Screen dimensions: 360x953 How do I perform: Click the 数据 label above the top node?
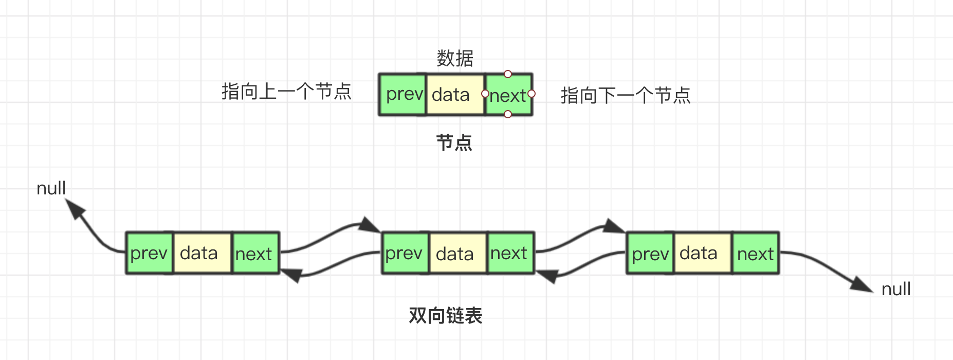(454, 58)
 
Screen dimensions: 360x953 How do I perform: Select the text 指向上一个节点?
(286, 92)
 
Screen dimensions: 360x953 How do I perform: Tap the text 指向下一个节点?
(625, 95)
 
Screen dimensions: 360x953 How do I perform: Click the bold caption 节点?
(454, 142)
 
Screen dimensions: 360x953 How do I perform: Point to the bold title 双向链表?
(445, 315)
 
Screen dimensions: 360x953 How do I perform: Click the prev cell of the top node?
(404, 94)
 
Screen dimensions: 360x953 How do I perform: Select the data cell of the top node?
(455, 95)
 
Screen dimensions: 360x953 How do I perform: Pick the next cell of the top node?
(508, 95)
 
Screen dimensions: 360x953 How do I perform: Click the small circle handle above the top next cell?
(508, 74)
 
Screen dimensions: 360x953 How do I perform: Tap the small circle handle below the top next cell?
(508, 114)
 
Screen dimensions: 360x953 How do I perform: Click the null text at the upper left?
(51, 188)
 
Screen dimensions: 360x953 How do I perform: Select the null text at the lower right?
(896, 289)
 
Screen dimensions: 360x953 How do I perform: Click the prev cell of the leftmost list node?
(149, 253)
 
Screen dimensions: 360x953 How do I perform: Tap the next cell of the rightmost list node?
(755, 253)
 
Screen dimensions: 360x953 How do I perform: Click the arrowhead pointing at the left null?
(75, 209)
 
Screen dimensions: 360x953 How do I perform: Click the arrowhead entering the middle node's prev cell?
(369, 225)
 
